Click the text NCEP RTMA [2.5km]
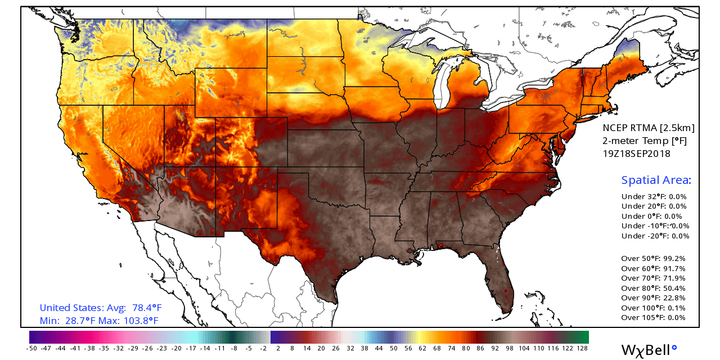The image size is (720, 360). point(648,128)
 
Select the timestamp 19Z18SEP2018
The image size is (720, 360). point(636,153)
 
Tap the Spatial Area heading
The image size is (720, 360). point(656,181)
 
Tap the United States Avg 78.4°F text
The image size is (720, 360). point(101,308)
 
